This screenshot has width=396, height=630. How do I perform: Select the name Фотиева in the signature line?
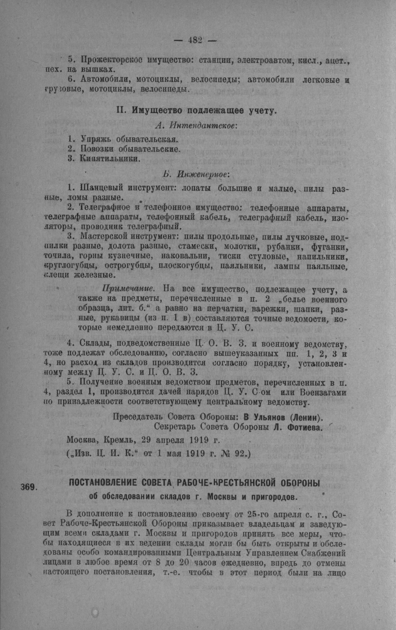pos(303,427)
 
